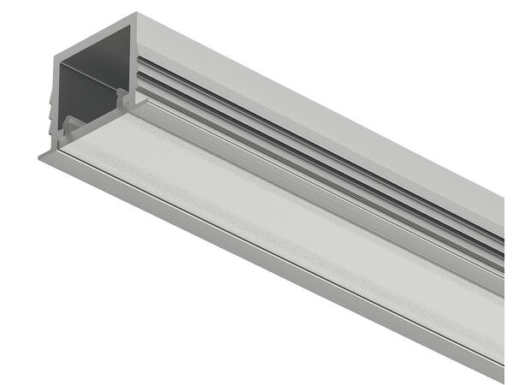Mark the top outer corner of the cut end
click(136, 14)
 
